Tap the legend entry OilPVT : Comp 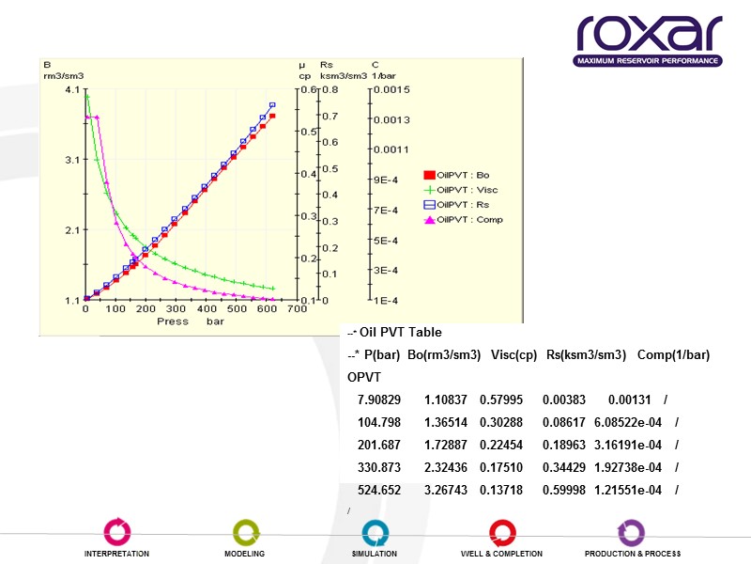coord(468,220)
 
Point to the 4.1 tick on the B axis coord(72,90)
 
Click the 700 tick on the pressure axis coord(297,308)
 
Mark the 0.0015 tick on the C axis coord(391,90)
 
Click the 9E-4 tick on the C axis coord(386,180)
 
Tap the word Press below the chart coord(172,321)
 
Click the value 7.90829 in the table coord(379,399)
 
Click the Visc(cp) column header coord(513,354)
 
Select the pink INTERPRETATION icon coord(116,531)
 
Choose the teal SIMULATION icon coord(375,531)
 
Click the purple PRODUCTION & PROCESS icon coord(632,531)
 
